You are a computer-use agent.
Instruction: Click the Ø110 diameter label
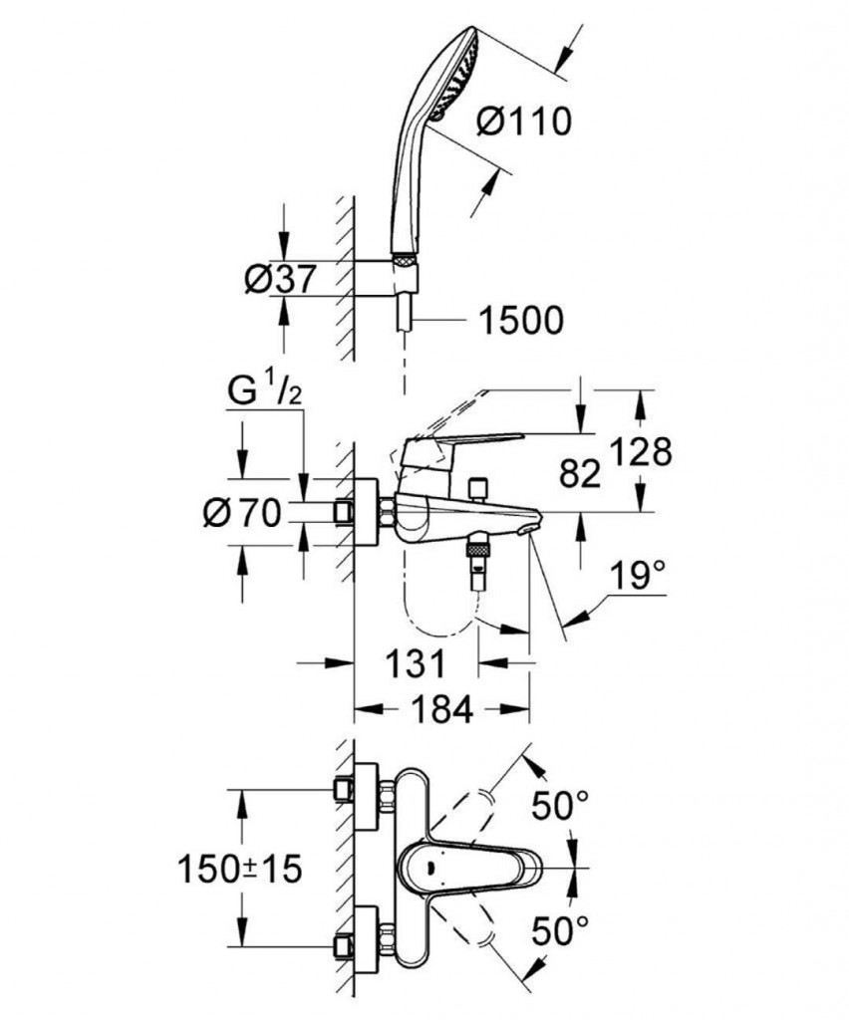(524, 122)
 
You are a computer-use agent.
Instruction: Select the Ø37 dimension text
(280, 280)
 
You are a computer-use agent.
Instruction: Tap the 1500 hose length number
(520, 321)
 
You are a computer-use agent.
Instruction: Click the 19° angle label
(638, 575)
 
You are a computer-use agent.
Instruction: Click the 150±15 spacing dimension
(239, 869)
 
